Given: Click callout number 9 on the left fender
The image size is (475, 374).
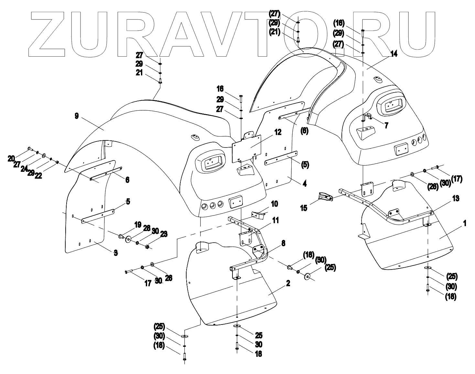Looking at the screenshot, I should pos(77,116).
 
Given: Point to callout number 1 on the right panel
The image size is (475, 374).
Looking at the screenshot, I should pos(465,224).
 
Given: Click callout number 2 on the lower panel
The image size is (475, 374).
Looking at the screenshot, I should pos(287,283).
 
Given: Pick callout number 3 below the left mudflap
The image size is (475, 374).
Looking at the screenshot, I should pos(115,253).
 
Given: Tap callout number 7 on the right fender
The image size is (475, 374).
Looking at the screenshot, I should pos(386,125).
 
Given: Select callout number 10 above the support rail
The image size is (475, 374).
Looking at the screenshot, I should pos(274,204).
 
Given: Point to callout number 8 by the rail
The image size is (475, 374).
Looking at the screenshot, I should pos(283,244).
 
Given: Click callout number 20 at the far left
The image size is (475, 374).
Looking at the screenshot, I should pos(11,158).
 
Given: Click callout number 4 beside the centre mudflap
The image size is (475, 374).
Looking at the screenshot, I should pos(304,184).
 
